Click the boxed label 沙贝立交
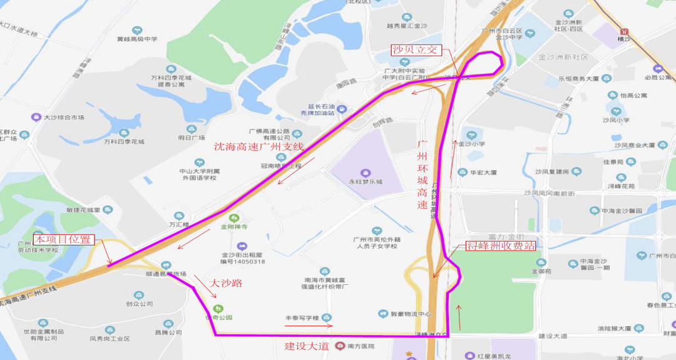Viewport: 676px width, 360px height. click(414, 50)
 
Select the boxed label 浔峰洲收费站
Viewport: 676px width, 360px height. click(500, 246)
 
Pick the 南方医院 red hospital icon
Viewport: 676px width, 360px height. click(340, 346)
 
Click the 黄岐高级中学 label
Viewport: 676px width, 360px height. click(137, 39)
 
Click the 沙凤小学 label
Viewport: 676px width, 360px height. click(616, 120)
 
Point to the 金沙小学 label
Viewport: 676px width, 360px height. click(471, 143)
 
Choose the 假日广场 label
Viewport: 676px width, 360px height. click(192, 137)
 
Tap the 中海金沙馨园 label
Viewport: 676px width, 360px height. click(622, 211)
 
